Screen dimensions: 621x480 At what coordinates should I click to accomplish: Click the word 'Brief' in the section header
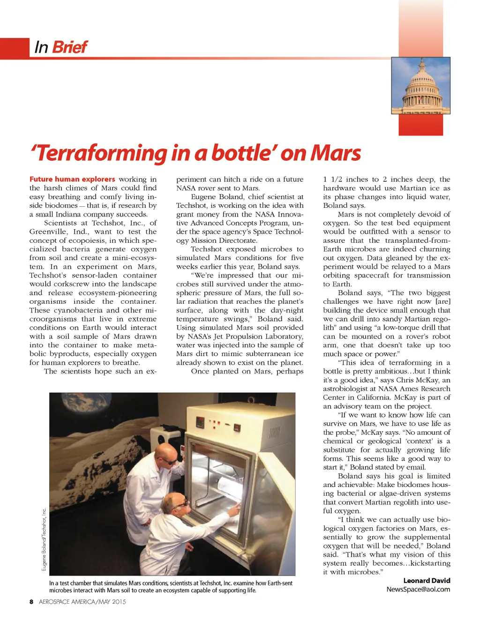[x=69, y=47]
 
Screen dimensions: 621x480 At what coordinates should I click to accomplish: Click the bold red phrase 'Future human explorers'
[x=72, y=179]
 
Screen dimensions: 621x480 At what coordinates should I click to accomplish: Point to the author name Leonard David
[x=426, y=580]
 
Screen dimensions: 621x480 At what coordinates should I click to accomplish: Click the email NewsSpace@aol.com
[x=418, y=589]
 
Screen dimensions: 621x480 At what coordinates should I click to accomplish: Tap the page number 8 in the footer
[x=31, y=602]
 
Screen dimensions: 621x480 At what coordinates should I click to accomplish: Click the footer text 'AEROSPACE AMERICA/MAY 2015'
[x=82, y=602]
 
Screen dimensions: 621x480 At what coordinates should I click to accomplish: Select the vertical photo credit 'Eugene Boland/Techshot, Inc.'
[x=44, y=539]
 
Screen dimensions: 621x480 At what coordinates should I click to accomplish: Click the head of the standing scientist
[x=166, y=454]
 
